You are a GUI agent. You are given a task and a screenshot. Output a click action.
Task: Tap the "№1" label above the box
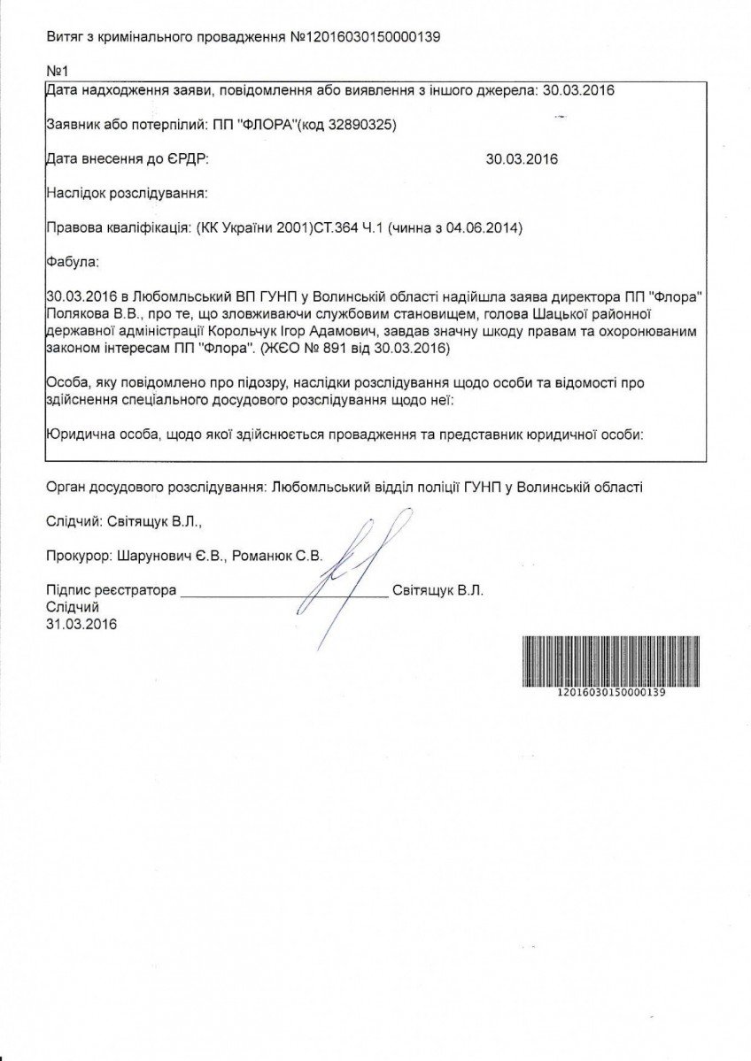57,70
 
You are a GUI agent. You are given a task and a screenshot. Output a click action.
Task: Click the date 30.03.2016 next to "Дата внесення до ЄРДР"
523,159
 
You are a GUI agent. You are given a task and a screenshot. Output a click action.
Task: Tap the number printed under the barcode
608,693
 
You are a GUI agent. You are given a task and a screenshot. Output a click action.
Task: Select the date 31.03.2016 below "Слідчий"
81,624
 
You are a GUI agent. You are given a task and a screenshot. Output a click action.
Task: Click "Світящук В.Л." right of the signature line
437,590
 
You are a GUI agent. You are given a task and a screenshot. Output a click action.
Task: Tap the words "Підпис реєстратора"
111,590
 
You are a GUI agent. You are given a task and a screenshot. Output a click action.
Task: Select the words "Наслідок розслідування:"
127,192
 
